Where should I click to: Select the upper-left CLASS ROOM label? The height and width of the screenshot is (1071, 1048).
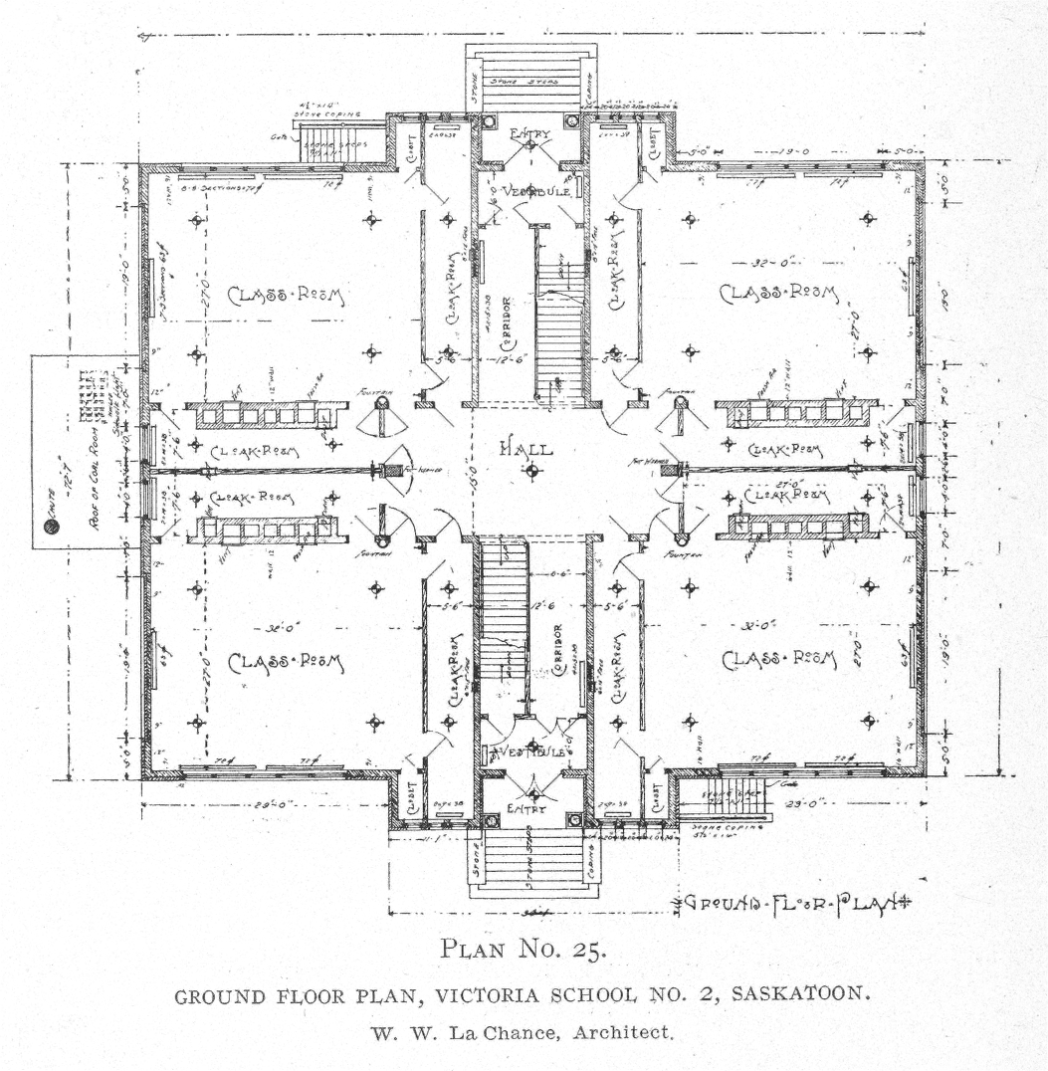[x=285, y=295]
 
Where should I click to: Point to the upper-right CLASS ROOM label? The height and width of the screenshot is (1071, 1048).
[x=779, y=295]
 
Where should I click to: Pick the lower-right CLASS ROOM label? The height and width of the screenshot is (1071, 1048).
[x=779, y=658]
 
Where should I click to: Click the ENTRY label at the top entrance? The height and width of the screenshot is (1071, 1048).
[x=528, y=133]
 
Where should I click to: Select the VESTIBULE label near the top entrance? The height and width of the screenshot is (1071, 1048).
[x=536, y=190]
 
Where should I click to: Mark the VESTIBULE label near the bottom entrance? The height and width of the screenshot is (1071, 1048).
[x=530, y=751]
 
